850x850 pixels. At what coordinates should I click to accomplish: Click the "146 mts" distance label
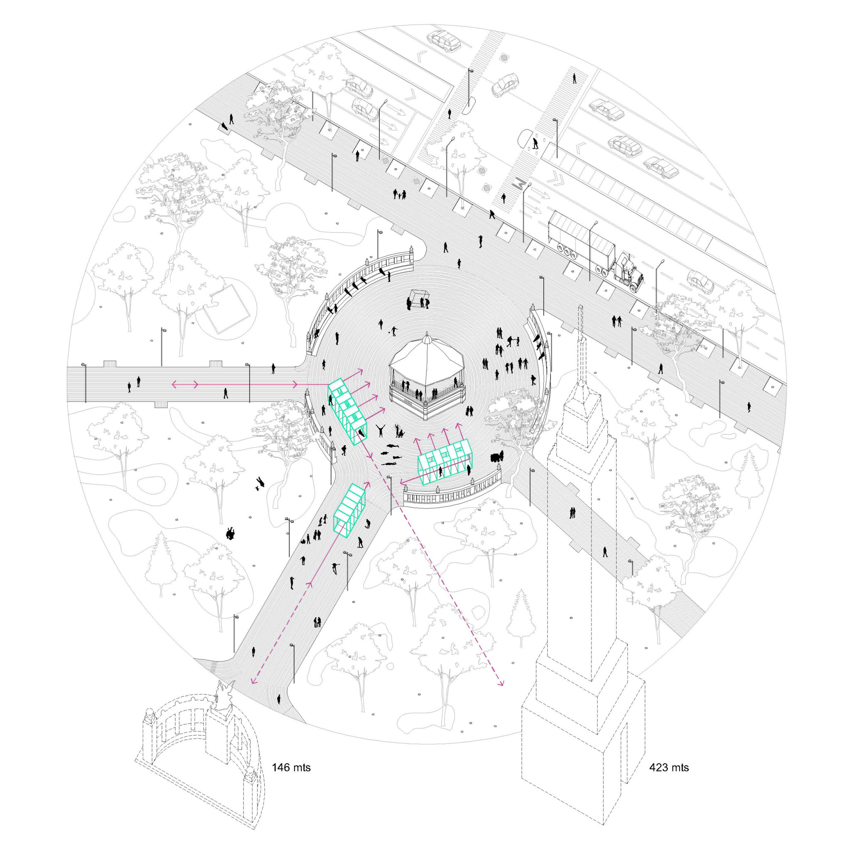291,768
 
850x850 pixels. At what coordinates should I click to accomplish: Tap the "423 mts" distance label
669,768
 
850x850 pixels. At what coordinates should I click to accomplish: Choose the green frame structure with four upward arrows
445,462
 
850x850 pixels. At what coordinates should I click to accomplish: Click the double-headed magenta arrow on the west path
185,384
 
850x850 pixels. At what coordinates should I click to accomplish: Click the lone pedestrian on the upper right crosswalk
574,78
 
